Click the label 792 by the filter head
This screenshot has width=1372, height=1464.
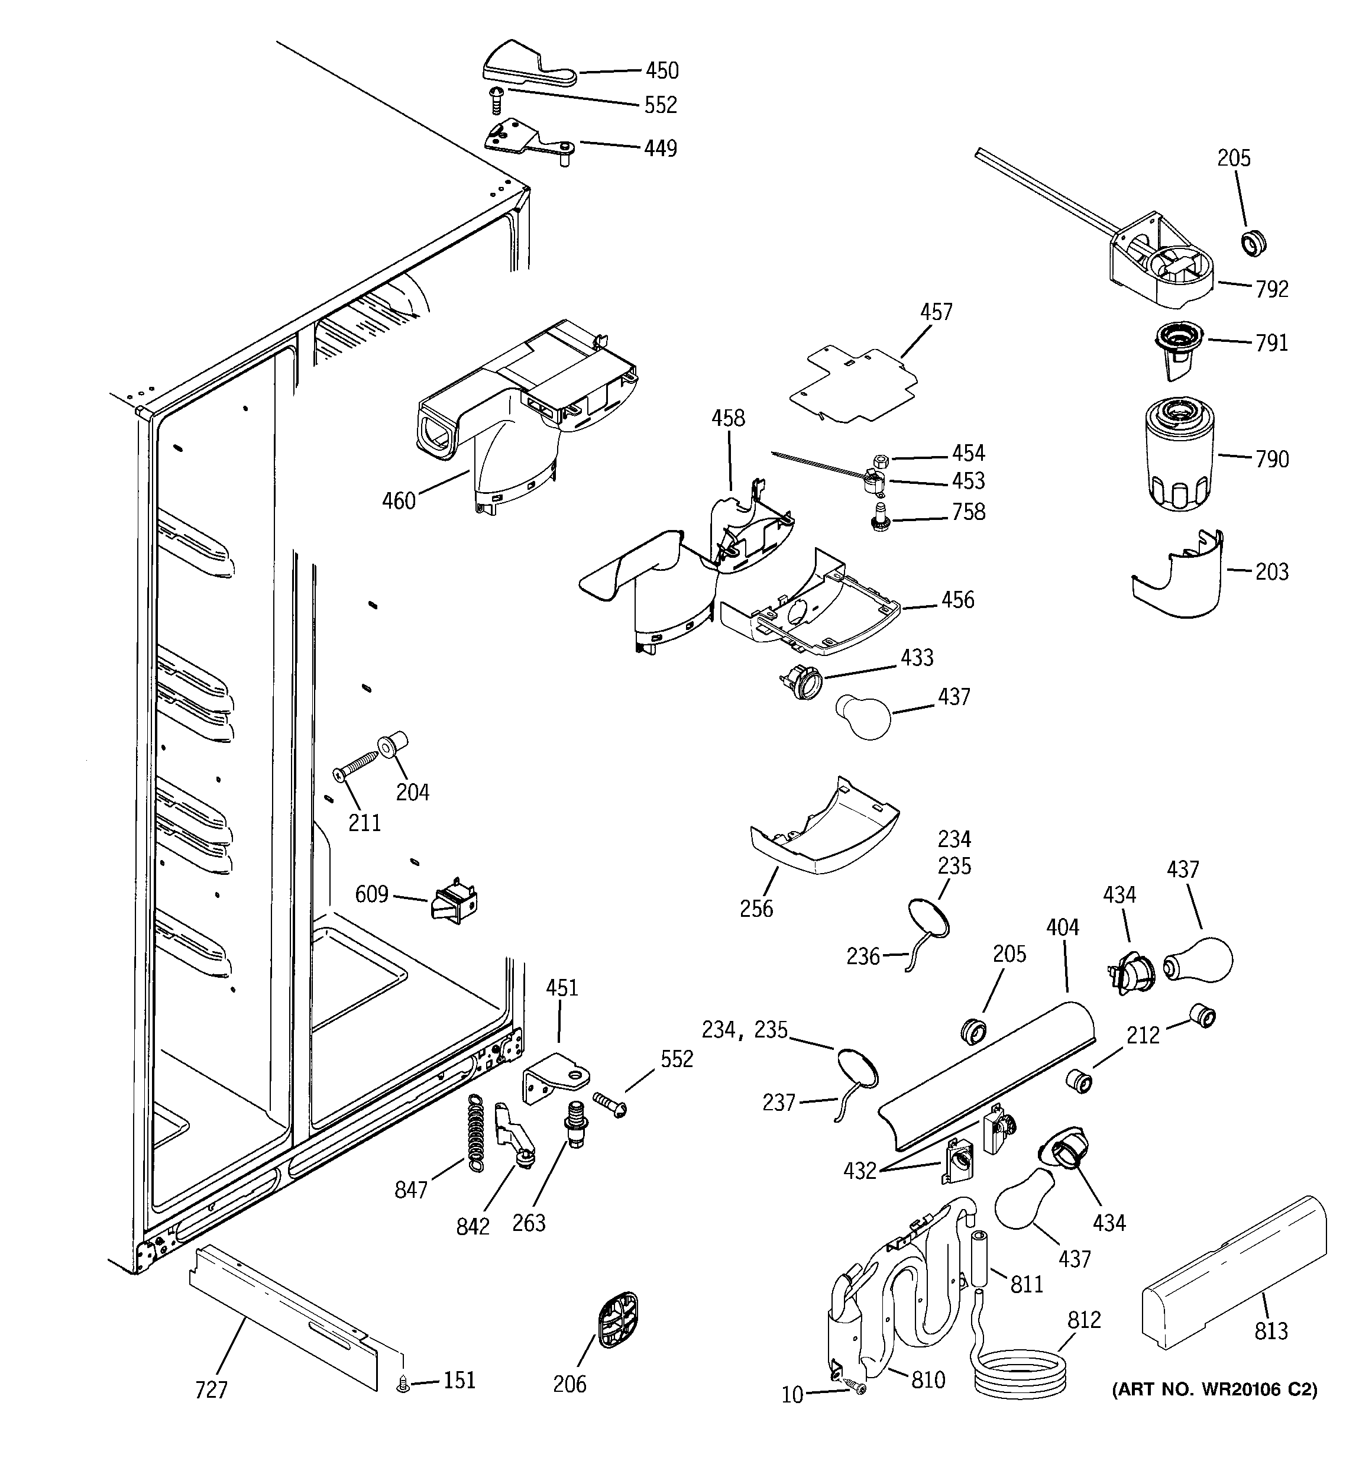(1272, 289)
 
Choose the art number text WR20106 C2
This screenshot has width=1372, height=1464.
(1214, 1389)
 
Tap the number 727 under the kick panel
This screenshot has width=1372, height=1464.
(211, 1389)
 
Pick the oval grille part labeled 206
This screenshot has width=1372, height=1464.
(616, 1320)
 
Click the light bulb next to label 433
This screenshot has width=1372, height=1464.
(865, 716)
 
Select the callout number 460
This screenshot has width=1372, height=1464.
(399, 501)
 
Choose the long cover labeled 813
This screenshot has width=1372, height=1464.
(1234, 1271)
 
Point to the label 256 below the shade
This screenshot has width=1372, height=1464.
(756, 908)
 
